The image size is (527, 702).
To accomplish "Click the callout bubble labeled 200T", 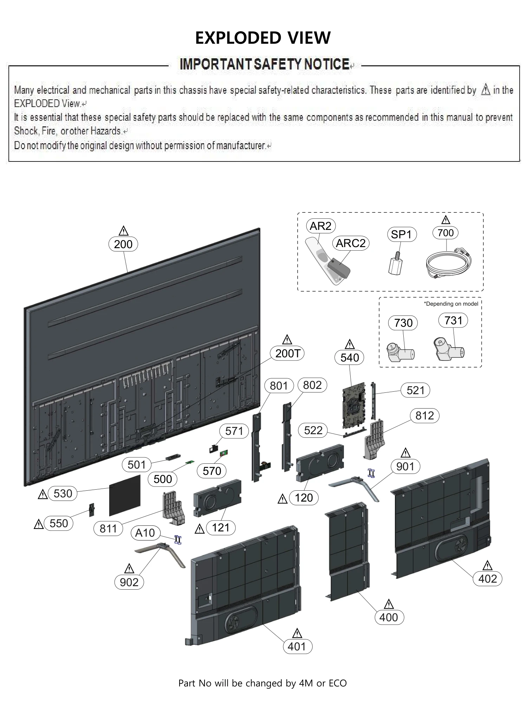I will [287, 353].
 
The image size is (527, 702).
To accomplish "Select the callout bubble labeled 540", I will [350, 358].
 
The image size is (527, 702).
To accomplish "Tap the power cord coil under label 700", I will [448, 264].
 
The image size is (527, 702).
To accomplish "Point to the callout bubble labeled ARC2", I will [350, 243].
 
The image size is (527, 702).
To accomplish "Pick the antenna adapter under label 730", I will [400, 352].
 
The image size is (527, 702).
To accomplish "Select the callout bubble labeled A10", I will [145, 533].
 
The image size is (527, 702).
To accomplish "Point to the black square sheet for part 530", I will [125, 495].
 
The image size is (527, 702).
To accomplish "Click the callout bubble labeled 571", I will [234, 431].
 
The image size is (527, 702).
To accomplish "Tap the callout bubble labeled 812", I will [424, 416].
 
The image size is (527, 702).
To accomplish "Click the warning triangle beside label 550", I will [39, 524].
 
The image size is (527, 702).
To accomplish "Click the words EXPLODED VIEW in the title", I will [263, 38].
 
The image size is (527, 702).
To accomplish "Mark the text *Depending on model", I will [451, 304].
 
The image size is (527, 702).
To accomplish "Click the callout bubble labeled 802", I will [312, 385].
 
